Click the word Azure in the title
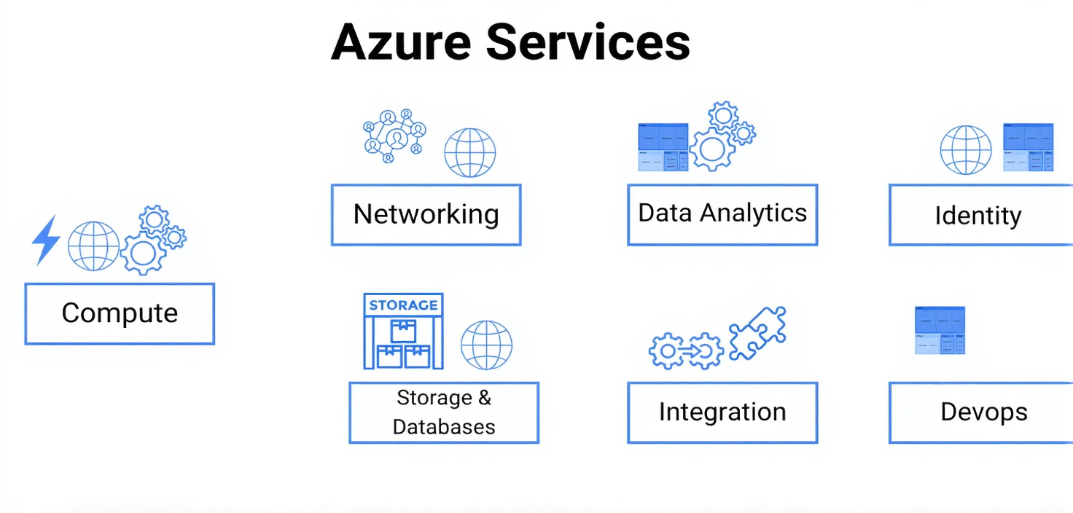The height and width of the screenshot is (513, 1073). pyautogui.click(x=401, y=42)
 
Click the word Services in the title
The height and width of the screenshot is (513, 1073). pyautogui.click(x=588, y=42)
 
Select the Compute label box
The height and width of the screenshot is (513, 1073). pyautogui.click(x=120, y=313)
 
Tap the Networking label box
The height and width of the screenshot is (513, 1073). pyautogui.click(x=426, y=214)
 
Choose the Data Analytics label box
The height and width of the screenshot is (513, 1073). pyautogui.click(x=722, y=214)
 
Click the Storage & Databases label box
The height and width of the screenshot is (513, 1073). pyautogui.click(x=443, y=412)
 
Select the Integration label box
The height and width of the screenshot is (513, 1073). pyautogui.click(x=722, y=412)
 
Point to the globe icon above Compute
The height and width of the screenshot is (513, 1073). pyautogui.click(x=93, y=246)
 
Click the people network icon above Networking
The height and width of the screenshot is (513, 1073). pyautogui.click(x=394, y=136)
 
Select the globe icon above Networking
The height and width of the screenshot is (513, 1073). pyautogui.click(x=470, y=152)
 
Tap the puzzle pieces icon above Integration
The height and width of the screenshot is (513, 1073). pyautogui.click(x=757, y=332)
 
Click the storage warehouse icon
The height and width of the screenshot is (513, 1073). pyautogui.click(x=403, y=332)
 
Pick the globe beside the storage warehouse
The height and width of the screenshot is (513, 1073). pyautogui.click(x=486, y=345)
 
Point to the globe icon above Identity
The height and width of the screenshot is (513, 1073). pyautogui.click(x=966, y=149)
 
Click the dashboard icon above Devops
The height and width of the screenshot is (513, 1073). pyautogui.click(x=940, y=330)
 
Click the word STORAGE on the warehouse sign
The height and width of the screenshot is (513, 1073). pyautogui.click(x=403, y=305)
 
